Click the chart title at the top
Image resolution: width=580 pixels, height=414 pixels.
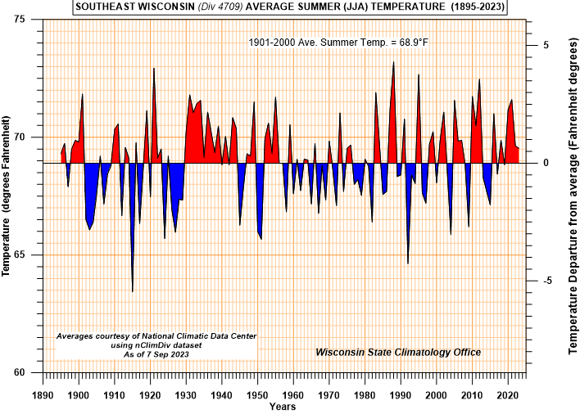tap(290, 7)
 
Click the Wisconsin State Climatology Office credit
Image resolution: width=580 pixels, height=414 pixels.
tap(398, 353)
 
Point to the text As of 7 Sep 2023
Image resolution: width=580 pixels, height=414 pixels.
tap(156, 353)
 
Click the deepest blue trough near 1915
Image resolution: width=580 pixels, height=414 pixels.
tap(133, 291)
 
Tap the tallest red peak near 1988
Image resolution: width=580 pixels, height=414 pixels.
tap(394, 61)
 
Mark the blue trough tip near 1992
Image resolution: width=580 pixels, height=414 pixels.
tap(408, 263)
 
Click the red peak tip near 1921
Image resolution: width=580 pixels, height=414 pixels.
tap(154, 68)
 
